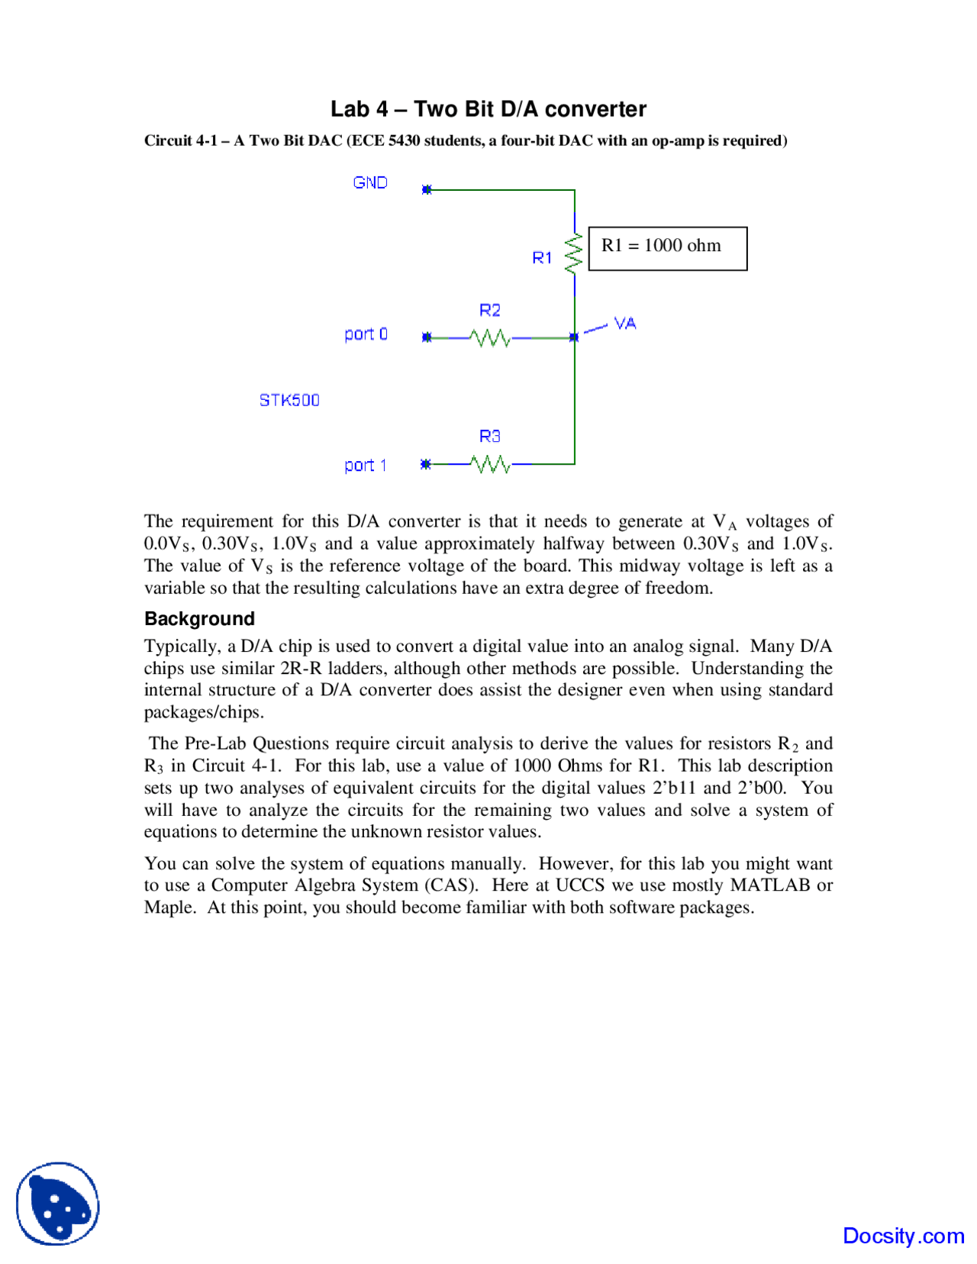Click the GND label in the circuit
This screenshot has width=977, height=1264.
[x=370, y=182]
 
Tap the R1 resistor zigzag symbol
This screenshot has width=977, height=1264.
[x=573, y=253]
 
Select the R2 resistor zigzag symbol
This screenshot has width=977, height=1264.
[x=489, y=337]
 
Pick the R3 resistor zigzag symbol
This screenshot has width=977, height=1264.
[x=489, y=463]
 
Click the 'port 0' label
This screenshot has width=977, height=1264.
[x=366, y=334]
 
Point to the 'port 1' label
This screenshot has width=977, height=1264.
[x=365, y=466]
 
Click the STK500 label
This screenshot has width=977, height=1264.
[x=289, y=400]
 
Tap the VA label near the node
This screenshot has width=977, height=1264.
[x=625, y=324]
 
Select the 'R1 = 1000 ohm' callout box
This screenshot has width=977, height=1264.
[x=668, y=248]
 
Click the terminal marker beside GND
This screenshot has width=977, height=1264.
[x=427, y=189]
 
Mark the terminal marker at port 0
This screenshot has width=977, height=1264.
[x=427, y=337]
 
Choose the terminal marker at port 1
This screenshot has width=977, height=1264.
[x=426, y=463]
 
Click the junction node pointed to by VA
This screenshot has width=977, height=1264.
[x=574, y=337]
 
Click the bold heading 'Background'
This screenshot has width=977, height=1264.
[x=199, y=618]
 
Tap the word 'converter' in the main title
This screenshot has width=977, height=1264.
[x=595, y=109]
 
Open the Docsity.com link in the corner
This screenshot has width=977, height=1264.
[x=903, y=1236]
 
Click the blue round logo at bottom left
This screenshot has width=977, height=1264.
[x=58, y=1204]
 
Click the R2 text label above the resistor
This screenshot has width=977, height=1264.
[x=489, y=310]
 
